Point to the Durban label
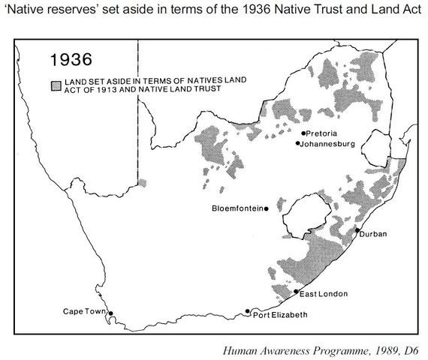373,234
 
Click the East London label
323,293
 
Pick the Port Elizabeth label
281,314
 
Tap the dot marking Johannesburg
297,142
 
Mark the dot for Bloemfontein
265,208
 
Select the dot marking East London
297,291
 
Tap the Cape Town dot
110,313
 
